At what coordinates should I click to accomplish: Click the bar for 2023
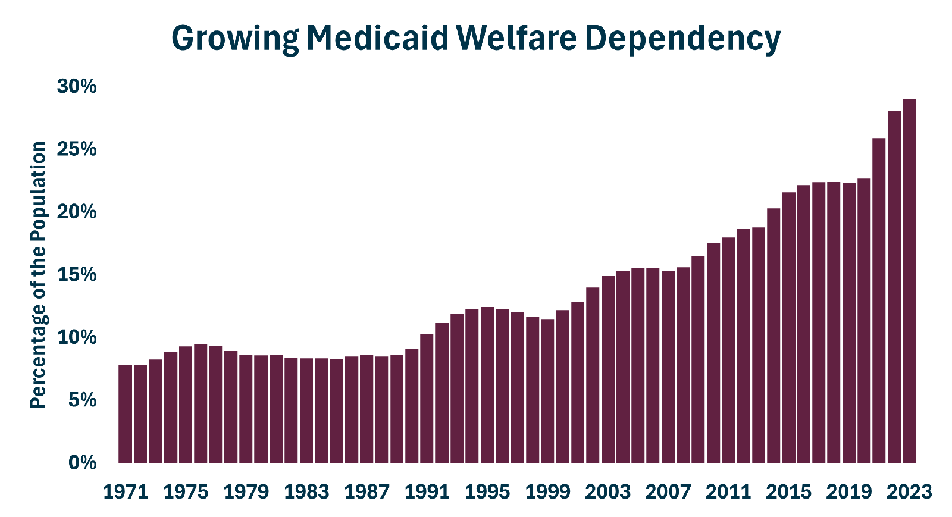[909, 281]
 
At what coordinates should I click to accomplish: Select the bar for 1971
[126, 413]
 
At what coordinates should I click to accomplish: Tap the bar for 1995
[487, 385]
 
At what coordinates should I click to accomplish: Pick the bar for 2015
[789, 328]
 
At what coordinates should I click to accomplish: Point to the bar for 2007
[668, 366]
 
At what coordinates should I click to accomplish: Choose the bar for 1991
[427, 398]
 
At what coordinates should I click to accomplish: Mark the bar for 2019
[849, 323]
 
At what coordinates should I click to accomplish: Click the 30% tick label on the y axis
[77, 86]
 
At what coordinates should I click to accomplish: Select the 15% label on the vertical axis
[77, 275]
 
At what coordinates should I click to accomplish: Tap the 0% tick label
[82, 463]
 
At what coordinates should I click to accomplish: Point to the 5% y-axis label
[82, 400]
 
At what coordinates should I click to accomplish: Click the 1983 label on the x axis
[306, 492]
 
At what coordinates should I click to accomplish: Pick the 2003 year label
[607, 492]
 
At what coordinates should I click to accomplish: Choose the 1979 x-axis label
[246, 492]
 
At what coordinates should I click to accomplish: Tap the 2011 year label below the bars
[728, 492]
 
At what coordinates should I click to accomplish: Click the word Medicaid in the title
[377, 37]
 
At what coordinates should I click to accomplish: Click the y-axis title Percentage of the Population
[38, 275]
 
